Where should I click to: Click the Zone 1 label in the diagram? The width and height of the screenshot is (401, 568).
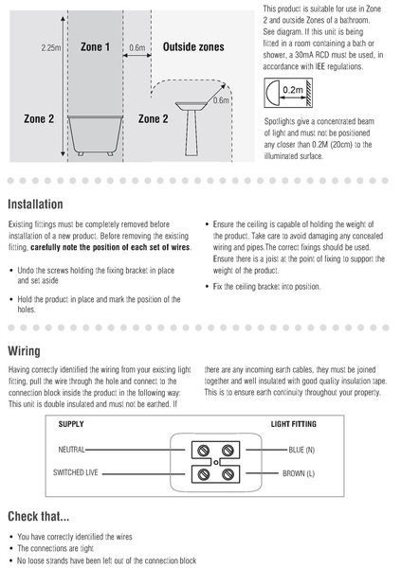point(95,47)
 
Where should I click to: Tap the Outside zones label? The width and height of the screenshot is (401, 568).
point(193,47)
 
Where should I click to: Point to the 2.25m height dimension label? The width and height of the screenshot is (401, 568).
point(50,48)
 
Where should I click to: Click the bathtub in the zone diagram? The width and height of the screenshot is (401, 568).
point(96,135)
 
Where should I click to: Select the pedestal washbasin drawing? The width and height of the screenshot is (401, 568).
point(191,129)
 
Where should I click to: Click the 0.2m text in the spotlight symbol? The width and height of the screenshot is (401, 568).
point(293,90)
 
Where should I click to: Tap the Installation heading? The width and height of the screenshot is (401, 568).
point(36,204)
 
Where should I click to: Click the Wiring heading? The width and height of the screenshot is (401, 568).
point(24,351)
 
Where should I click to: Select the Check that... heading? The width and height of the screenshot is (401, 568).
point(39,516)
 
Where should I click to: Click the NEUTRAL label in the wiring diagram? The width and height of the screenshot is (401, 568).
point(71,450)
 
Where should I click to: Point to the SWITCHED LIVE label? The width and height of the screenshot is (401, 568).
point(76,472)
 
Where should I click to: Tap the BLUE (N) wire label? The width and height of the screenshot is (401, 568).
point(301,451)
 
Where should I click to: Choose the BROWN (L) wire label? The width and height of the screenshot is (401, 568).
point(299,473)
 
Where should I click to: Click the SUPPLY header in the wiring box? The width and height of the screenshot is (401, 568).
point(71,424)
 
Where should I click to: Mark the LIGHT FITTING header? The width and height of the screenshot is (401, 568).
point(294,424)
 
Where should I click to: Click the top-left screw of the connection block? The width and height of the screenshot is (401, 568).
point(204,451)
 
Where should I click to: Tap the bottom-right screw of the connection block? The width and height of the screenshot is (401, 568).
point(228,474)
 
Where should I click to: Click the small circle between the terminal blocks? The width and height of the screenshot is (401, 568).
point(216,463)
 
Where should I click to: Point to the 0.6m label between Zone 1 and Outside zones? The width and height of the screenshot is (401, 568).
point(137,48)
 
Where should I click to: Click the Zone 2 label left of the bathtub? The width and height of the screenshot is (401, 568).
point(39,119)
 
